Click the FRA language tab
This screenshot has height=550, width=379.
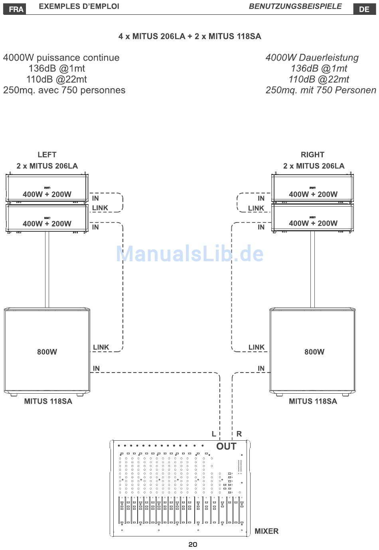[16, 9]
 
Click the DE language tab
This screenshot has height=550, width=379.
[364, 9]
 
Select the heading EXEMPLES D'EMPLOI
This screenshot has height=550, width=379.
[79, 6]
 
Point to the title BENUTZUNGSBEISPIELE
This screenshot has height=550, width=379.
[295, 6]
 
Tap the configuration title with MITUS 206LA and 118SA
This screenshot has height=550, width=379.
[189, 36]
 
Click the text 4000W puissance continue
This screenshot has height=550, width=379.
[61, 57]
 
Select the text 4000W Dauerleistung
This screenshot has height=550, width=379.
[312, 57]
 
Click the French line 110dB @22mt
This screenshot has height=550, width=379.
[56, 79]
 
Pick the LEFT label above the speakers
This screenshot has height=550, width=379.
[47, 154]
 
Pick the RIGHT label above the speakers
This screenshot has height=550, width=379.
[312, 154]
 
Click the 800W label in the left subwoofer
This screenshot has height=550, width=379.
[47, 352]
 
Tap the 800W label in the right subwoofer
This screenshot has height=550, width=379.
[314, 352]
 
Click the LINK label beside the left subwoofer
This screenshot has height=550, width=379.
[101, 347]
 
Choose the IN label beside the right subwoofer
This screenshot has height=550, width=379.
[261, 368]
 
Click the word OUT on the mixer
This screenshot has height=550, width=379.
[226, 446]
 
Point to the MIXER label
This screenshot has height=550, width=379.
[266, 531]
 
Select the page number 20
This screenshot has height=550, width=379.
[193, 544]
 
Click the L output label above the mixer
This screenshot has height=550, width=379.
[214, 434]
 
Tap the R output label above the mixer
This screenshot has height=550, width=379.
[239, 434]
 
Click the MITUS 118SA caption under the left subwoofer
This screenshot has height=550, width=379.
[48, 401]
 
